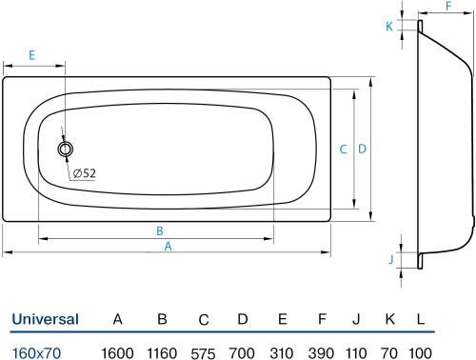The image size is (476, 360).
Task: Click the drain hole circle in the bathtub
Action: click(x=66, y=149)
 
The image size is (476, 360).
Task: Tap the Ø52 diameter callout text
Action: click(x=84, y=173)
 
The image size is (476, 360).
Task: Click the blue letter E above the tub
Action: click(x=31, y=55)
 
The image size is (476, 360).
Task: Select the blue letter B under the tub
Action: click(x=160, y=230)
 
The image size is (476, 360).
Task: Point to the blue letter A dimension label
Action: click(x=169, y=246)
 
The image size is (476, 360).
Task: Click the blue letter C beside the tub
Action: click(x=343, y=150)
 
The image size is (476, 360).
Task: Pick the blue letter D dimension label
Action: click(x=362, y=149)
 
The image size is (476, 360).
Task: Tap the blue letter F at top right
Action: click(x=448, y=6)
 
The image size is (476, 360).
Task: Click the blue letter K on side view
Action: click(x=389, y=27)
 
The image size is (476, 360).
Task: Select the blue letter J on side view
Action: click(x=391, y=259)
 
